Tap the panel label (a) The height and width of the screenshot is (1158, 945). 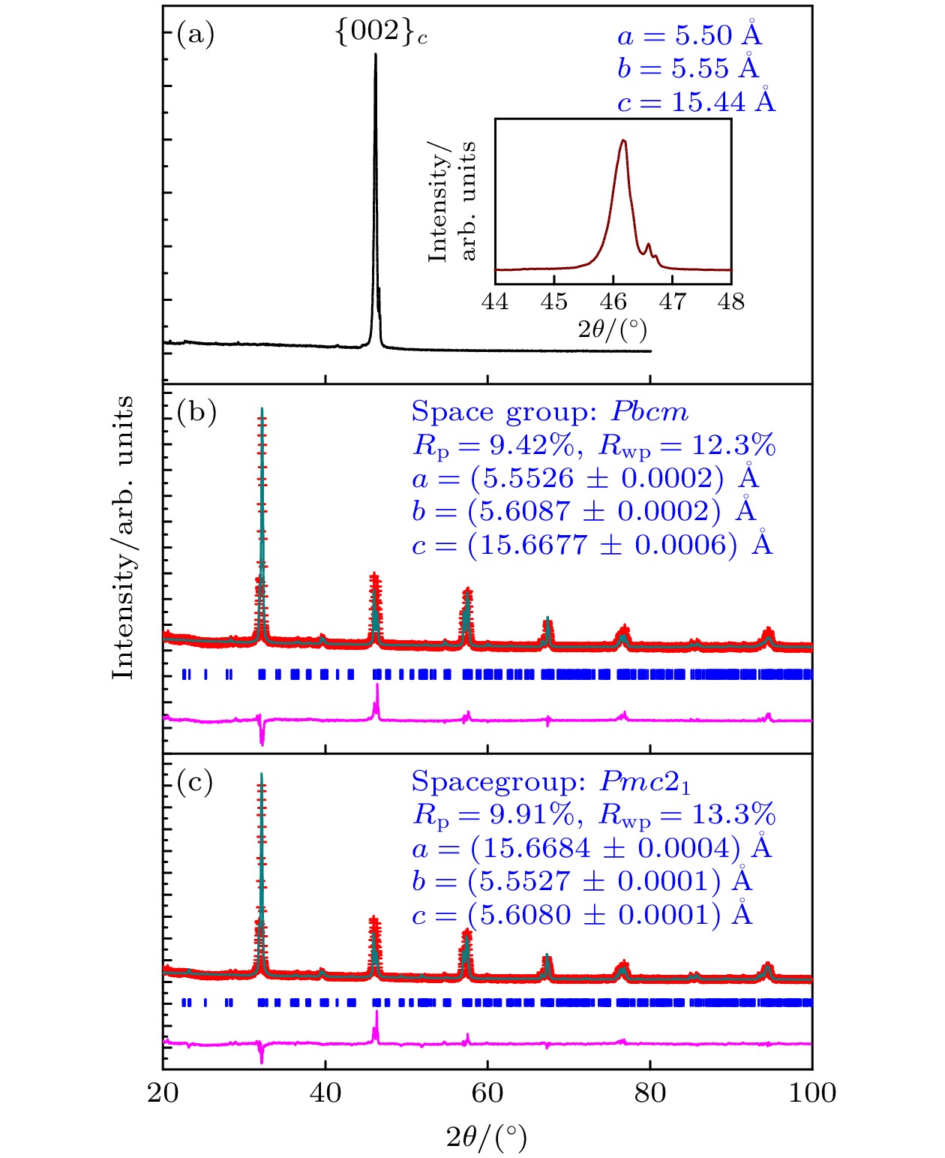195,34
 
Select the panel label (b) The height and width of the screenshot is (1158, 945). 196,412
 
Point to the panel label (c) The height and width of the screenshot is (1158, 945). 195,782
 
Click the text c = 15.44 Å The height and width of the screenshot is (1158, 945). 696,101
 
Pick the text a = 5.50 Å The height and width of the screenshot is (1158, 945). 689,35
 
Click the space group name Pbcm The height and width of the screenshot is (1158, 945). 649,412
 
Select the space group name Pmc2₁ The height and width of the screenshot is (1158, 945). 645,782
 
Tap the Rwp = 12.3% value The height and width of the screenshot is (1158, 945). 687,446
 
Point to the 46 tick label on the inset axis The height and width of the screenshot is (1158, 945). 613,302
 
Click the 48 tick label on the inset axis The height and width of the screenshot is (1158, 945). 730,302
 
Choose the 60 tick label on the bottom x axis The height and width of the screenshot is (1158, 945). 487,1093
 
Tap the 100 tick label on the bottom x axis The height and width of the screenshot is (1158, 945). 811,1093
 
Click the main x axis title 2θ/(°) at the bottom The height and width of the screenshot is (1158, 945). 487,1138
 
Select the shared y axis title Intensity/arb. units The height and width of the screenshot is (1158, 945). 123,537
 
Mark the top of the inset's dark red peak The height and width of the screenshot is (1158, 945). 623,140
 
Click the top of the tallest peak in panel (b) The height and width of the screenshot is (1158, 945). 262,410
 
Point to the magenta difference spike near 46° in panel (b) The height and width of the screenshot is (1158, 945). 377,686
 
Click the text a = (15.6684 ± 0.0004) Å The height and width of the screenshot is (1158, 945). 592,848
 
